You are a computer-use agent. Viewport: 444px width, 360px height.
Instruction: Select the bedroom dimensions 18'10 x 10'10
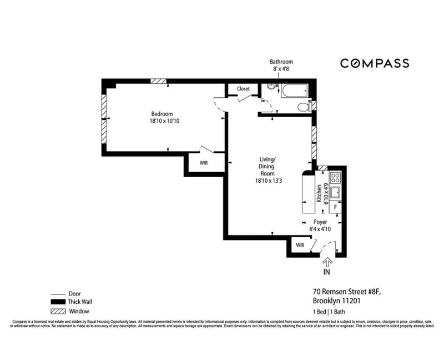(x=164, y=121)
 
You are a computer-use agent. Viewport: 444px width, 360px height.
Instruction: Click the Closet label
(x=243, y=89)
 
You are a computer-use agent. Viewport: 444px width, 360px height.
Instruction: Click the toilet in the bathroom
(x=303, y=107)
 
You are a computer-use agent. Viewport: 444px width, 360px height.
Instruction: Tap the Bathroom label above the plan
(x=281, y=62)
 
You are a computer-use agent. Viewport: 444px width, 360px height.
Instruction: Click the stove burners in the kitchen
(x=335, y=178)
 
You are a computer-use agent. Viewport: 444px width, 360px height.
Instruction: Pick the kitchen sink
(x=335, y=193)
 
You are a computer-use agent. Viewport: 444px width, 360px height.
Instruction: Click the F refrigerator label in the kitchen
(x=336, y=207)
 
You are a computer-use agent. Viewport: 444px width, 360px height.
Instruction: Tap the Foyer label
(x=320, y=222)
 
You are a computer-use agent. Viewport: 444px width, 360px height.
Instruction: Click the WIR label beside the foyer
(x=300, y=245)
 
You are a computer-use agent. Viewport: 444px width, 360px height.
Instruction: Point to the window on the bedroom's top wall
(x=159, y=81)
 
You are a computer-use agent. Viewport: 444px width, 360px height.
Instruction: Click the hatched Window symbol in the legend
(x=58, y=311)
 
